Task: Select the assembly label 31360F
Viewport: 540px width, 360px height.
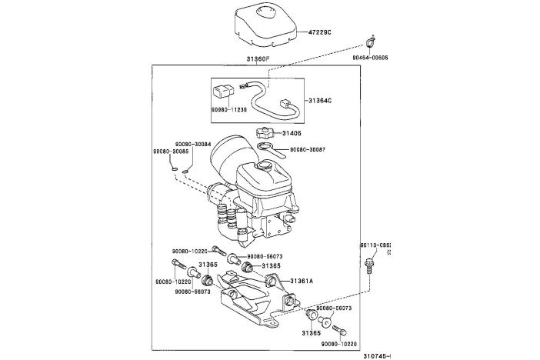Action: [x=258, y=59]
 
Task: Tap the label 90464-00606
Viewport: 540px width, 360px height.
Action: [x=371, y=57]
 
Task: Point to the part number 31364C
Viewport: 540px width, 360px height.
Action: [x=322, y=101]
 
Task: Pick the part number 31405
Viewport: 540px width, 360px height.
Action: [x=292, y=133]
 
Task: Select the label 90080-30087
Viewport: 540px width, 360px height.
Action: [x=307, y=149]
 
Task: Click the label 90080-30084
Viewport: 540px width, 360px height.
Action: [x=192, y=144]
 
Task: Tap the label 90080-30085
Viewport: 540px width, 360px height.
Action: [x=171, y=152]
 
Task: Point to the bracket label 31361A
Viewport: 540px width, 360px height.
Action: [x=302, y=282]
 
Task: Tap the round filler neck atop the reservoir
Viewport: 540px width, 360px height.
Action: [x=266, y=165]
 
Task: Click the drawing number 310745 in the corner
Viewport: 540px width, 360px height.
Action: [x=376, y=355]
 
